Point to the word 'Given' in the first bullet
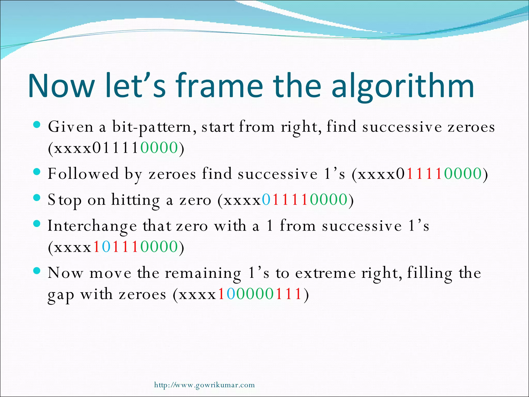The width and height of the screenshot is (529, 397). [71, 127]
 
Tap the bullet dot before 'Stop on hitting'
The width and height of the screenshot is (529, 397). [37, 198]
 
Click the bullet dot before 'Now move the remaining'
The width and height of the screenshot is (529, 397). [37, 271]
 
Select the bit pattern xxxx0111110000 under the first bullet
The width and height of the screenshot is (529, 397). [116, 148]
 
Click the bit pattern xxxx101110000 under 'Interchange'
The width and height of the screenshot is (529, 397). [116, 247]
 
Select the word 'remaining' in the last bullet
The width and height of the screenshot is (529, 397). [203, 273]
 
